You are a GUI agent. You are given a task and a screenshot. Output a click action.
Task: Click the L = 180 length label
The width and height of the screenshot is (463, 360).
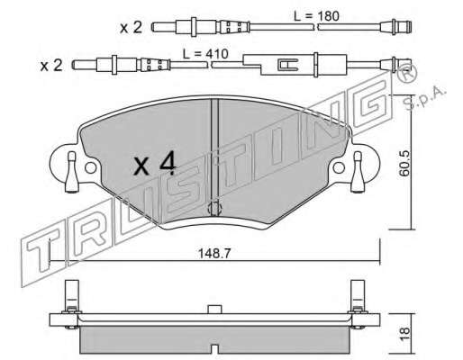(316, 16)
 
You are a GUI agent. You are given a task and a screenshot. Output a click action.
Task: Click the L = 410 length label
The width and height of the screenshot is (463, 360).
(205, 54)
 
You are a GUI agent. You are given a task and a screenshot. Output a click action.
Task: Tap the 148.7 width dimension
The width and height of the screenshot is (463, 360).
(214, 254)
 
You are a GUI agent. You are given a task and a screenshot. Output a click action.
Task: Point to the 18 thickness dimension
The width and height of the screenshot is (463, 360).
(404, 333)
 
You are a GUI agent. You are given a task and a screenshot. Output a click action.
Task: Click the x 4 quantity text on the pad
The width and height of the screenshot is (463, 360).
(155, 164)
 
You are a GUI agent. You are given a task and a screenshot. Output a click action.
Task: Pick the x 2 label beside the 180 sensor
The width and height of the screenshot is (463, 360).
(131, 28)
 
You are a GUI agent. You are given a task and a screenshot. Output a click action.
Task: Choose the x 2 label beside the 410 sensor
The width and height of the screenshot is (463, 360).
(51, 66)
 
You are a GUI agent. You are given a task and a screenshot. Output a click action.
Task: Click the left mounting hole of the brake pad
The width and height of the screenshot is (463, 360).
(91, 167)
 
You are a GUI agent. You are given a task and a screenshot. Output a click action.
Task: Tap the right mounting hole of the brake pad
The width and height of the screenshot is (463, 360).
(339, 167)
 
